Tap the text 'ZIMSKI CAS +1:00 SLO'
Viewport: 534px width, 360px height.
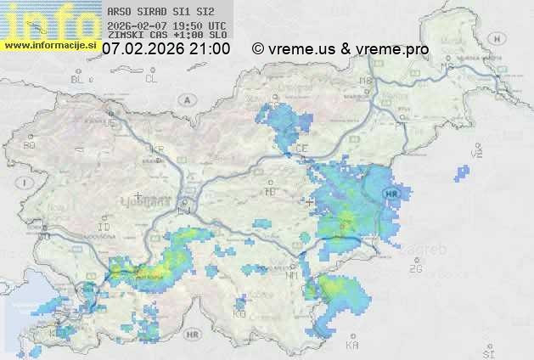(x=166, y=37)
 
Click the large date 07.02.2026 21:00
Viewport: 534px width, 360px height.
(x=166, y=49)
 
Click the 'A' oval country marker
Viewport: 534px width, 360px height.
(x=186, y=98)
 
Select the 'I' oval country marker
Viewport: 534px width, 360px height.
(x=26, y=182)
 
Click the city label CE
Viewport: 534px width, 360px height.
(x=301, y=148)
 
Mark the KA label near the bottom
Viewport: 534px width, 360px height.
(x=352, y=345)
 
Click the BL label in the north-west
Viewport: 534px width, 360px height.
(x=79, y=79)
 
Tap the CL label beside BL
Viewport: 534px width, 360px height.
(x=151, y=79)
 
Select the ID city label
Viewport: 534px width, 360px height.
(x=104, y=228)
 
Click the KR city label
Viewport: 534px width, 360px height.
(x=157, y=149)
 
